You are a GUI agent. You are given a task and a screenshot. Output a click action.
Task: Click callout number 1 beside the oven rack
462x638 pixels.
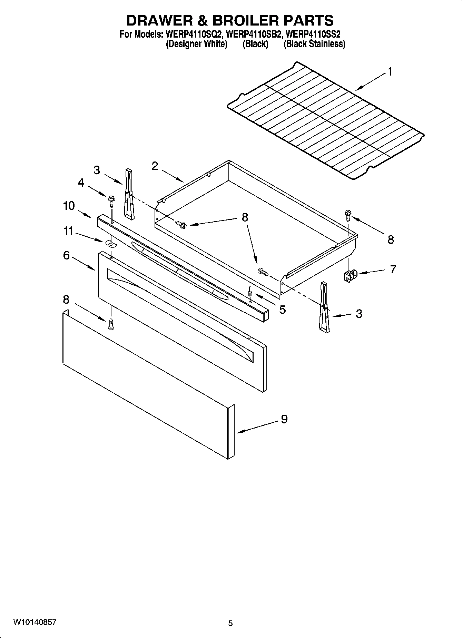pos(390,72)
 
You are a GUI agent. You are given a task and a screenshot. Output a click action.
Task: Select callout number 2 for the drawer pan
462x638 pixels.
pos(155,166)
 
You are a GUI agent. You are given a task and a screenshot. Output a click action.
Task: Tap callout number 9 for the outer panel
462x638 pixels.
pos(284,419)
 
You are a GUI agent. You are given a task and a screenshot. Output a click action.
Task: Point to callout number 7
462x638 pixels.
pos(393,269)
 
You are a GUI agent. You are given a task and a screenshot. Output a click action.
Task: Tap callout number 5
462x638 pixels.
pos(282,310)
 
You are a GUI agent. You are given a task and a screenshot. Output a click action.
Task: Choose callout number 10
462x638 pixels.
pos(69,206)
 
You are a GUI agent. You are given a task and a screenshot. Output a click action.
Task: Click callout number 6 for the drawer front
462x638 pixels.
pos(66,255)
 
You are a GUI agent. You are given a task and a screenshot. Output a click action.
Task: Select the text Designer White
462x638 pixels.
pos(196,44)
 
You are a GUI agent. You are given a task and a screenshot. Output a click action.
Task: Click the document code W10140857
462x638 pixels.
pos(35,622)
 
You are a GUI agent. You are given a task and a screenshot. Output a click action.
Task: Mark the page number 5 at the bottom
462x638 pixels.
pos(230,623)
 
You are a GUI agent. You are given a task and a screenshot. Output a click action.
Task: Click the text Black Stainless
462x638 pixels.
pos(314,44)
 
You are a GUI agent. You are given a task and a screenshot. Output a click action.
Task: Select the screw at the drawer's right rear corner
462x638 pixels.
pos(347,216)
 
